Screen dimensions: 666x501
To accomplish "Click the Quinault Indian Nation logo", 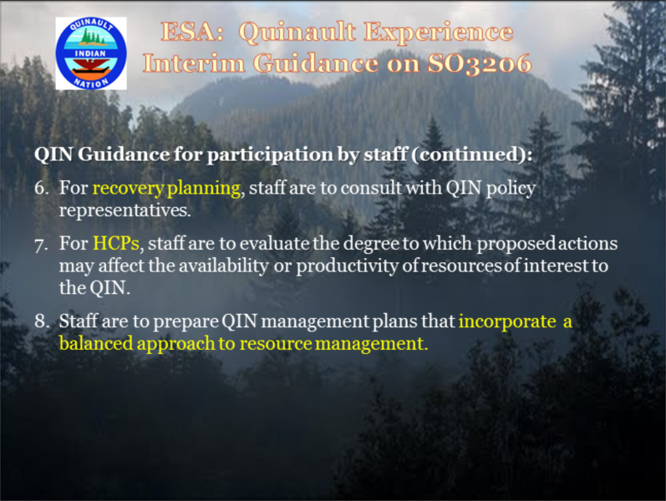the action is tap(91, 53).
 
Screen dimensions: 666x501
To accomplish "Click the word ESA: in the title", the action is tap(192, 33).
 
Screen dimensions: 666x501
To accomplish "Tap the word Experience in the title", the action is tap(439, 33).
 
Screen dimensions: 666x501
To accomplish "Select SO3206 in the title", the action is tap(480, 63).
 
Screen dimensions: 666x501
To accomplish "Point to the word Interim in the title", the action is tap(194, 63).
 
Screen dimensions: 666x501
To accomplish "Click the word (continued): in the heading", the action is tap(472, 154).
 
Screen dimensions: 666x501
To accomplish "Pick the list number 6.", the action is tap(42, 188).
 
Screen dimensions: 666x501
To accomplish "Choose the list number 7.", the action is tap(42, 245).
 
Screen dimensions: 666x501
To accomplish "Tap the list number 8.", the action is tap(42, 321).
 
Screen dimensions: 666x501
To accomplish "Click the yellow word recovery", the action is tap(129, 189).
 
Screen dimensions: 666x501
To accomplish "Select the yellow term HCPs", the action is tap(116, 243).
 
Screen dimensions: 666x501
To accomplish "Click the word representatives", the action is tap(125, 210).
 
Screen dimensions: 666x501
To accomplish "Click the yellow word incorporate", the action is tap(507, 321).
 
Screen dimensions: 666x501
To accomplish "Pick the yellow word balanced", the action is tap(96, 343).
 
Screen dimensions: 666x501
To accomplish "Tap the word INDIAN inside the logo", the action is tap(90, 53).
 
